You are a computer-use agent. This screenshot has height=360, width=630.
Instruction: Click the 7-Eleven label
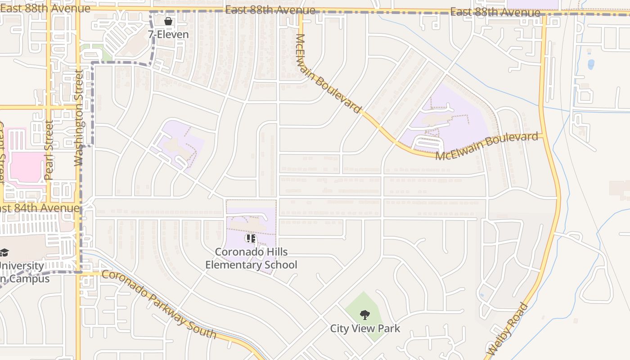[x=168, y=34]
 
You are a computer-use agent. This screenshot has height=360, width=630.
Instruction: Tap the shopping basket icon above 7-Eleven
[x=168, y=21]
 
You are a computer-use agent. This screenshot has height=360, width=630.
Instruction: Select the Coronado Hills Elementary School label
[x=251, y=258]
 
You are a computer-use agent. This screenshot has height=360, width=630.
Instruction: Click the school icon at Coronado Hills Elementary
[x=251, y=238]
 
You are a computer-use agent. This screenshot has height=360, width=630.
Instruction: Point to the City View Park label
[x=365, y=328]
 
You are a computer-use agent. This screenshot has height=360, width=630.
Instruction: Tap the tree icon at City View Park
[x=365, y=315]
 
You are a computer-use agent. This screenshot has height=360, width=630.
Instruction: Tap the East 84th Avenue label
[x=40, y=208]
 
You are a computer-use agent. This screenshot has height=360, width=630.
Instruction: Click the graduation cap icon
[x=4, y=252]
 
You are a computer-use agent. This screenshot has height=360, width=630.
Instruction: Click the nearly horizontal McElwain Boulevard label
[x=487, y=146]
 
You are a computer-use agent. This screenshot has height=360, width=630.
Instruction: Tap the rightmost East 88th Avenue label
[x=495, y=12]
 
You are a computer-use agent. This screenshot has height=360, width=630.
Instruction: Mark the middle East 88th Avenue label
[x=270, y=10]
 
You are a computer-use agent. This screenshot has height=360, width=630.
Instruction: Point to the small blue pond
[x=591, y=64]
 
